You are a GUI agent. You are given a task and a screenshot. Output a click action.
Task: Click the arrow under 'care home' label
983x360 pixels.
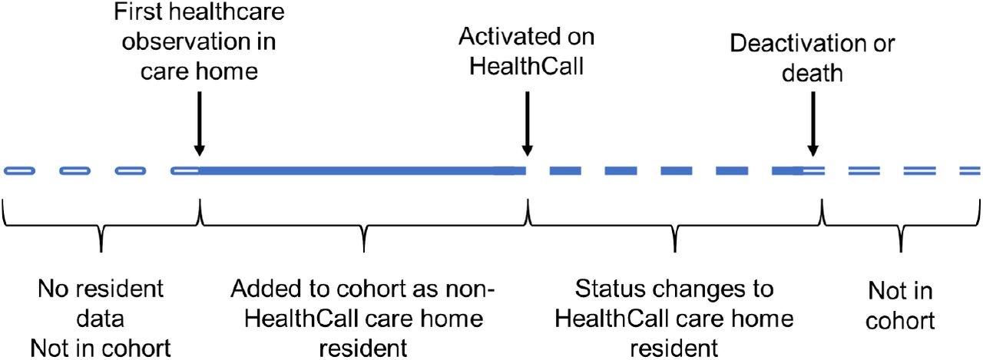pyautogui.click(x=199, y=124)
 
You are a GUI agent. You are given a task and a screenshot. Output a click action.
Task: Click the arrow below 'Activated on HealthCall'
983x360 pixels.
pyautogui.click(x=527, y=124)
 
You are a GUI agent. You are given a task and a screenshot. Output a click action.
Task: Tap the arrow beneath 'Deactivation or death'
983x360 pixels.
pyautogui.click(x=813, y=124)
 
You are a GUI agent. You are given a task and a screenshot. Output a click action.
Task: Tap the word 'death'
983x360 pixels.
pyautogui.click(x=813, y=73)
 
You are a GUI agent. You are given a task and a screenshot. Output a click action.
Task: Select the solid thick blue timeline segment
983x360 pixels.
pyautogui.click(x=362, y=170)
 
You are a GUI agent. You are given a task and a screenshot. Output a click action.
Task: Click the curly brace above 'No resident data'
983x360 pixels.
pyautogui.click(x=101, y=226)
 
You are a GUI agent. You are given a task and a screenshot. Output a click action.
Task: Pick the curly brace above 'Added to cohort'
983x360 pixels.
pyautogui.click(x=364, y=226)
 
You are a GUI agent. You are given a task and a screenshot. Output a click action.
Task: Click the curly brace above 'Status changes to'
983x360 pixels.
pyautogui.click(x=674, y=226)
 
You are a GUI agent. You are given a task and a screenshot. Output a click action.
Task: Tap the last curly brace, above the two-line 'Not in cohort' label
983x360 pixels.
pyautogui.click(x=901, y=226)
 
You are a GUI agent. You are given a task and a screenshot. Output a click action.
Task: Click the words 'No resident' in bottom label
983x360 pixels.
pyautogui.click(x=101, y=289)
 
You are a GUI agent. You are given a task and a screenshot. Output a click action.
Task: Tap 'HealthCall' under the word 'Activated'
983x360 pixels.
pyautogui.click(x=527, y=67)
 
